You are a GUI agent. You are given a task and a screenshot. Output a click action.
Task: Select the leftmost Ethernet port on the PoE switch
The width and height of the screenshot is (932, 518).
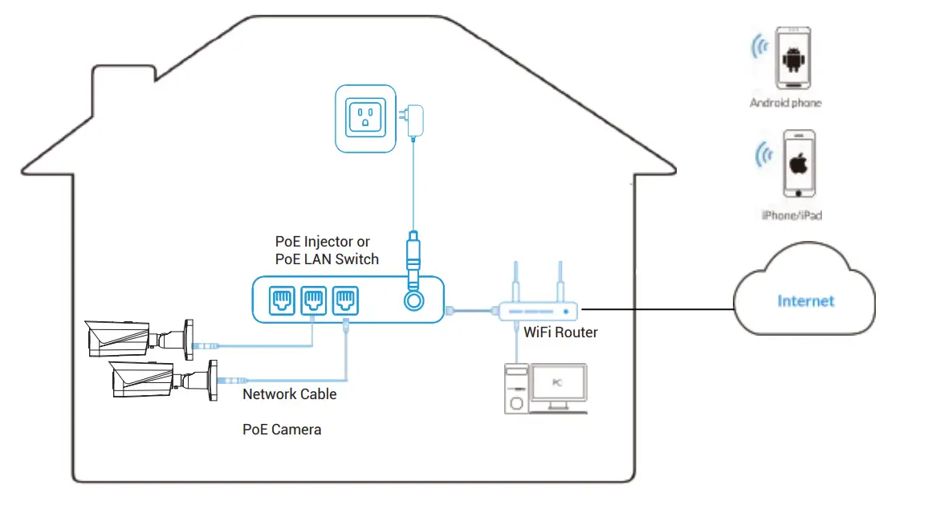[282, 300]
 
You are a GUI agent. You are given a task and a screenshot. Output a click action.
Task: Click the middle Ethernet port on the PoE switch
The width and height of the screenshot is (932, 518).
[314, 300]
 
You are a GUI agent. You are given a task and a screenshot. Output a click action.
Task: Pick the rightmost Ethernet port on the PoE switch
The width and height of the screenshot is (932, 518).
[346, 300]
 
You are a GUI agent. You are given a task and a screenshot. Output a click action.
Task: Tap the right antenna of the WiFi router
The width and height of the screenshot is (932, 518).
[560, 281]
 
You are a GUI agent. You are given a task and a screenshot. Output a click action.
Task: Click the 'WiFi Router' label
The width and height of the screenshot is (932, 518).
[560, 332]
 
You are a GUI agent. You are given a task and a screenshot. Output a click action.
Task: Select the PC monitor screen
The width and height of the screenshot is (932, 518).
[558, 384]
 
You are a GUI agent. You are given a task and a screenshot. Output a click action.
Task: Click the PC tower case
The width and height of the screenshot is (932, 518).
[516, 389]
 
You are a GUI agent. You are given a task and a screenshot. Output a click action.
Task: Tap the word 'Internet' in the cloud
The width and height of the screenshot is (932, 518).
[806, 301]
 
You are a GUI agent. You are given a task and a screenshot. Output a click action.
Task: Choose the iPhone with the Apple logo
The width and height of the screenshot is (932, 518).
[799, 164]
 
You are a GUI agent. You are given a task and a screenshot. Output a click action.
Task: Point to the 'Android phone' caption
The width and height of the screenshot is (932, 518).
[785, 103]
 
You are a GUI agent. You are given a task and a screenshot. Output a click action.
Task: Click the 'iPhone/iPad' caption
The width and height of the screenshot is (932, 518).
[792, 215]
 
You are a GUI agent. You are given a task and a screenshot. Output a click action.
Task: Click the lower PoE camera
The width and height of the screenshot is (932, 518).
[161, 378]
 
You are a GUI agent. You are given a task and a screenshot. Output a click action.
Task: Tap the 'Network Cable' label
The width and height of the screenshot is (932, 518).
[289, 394]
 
